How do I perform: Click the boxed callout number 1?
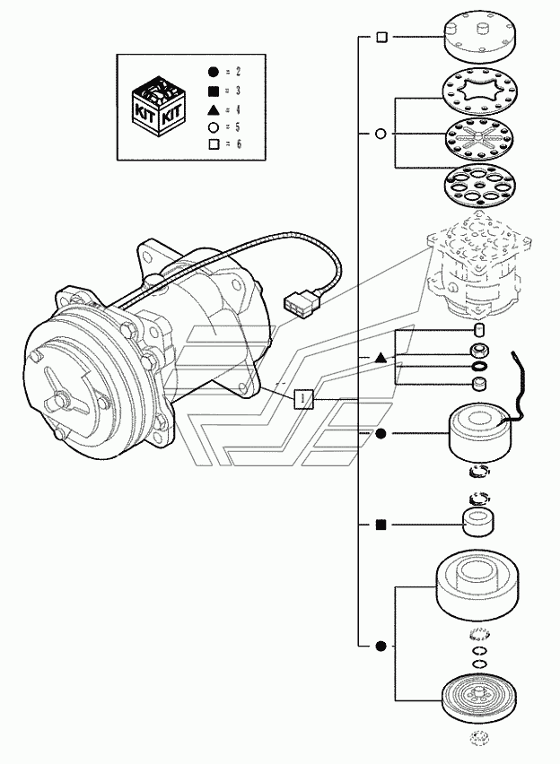point(303,399)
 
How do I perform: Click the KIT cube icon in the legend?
point(159,105)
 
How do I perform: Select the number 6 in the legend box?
point(239,144)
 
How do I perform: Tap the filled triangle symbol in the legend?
point(213,109)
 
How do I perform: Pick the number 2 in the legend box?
point(239,72)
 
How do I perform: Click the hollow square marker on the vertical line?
point(382,37)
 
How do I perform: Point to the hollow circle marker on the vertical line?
point(381,134)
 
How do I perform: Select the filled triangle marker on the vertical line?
point(381,358)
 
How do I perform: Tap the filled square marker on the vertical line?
point(381,525)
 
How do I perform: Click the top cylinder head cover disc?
point(479,37)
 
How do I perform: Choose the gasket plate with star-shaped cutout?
point(480,92)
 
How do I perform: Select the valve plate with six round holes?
point(480,188)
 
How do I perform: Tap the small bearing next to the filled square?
point(477,522)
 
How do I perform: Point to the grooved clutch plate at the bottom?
point(479,699)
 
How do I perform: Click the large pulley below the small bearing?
point(477,587)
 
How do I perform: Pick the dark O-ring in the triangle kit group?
point(479,367)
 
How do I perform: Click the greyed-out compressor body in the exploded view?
point(478,265)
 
